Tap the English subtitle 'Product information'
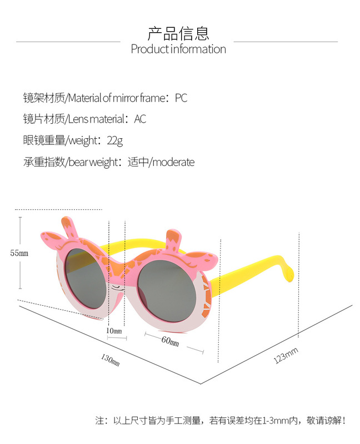pos(178,49)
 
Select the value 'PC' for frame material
pos(181,98)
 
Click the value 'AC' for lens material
pos(140,119)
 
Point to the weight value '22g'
pos(115,141)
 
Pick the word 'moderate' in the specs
pos(173,163)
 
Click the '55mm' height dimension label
pos(19,253)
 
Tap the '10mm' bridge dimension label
pos(114,331)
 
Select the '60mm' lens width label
pos(170,340)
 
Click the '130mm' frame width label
pos(110,360)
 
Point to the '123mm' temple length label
pos(286,355)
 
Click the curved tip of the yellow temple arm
pos(287,271)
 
